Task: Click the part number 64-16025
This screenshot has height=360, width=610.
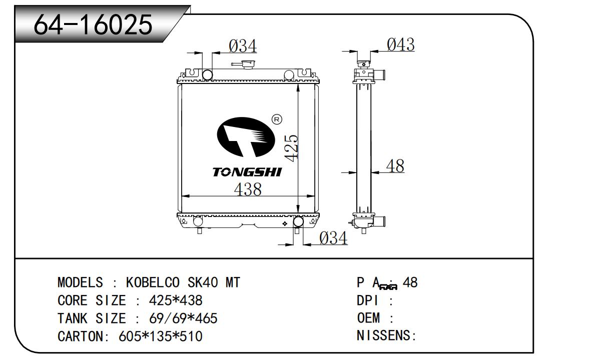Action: (x=93, y=25)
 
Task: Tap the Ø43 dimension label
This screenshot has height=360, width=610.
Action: (x=401, y=44)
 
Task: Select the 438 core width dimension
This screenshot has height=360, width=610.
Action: (x=248, y=189)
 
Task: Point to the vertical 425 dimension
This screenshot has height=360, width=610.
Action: (x=291, y=148)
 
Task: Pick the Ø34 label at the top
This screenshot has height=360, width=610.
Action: (x=243, y=46)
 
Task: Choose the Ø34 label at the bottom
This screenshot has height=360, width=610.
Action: (x=333, y=238)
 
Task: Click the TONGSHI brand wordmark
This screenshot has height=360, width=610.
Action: (x=247, y=172)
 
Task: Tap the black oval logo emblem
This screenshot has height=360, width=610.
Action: (x=246, y=137)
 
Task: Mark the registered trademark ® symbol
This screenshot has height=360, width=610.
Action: (x=277, y=119)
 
